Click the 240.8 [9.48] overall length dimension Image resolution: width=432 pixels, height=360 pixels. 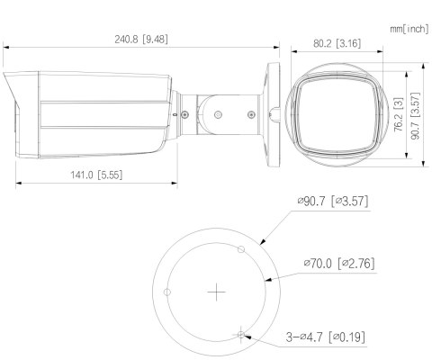(141, 39)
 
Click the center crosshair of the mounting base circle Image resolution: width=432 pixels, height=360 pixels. (216, 292)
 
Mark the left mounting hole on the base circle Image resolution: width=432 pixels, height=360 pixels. (167, 292)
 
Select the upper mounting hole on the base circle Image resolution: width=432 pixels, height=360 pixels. (239, 249)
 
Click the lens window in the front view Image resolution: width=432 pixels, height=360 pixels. (336, 113)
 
